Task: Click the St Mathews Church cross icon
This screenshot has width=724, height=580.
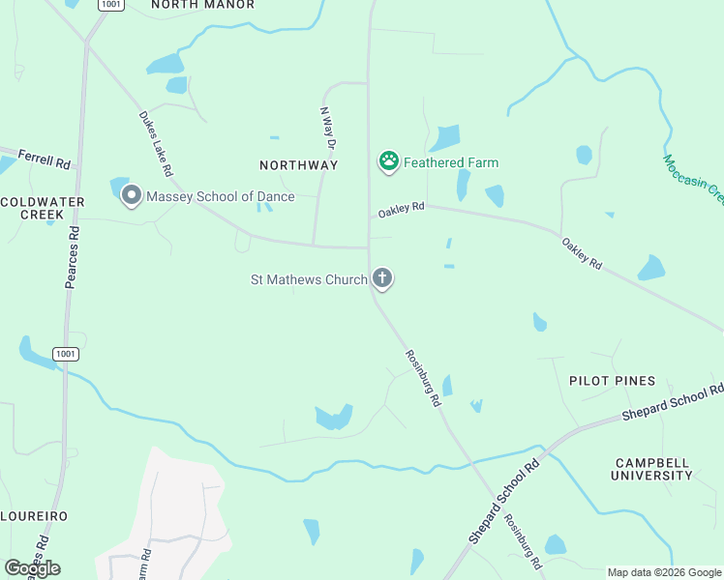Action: pos(383,279)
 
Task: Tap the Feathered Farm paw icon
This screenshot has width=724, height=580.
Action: pos(389,161)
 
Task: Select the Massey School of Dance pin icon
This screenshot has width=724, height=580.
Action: pos(132,196)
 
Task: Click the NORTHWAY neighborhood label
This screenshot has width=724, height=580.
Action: pos(299,165)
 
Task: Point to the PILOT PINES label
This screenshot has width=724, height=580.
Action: pos(612,381)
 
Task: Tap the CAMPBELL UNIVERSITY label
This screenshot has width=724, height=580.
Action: pos(652,468)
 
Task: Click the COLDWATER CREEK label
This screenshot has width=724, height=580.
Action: pos(43,208)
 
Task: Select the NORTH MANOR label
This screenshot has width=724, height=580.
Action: pos(203,5)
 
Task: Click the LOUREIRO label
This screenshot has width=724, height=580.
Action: pos(34,516)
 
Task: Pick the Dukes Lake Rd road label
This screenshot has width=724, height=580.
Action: pos(155,144)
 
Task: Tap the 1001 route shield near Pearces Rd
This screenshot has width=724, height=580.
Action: pos(66,354)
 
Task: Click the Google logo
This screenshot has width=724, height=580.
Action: pos(32,568)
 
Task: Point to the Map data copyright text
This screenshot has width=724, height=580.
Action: pos(664,572)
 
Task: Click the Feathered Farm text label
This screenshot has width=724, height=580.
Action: pos(451,162)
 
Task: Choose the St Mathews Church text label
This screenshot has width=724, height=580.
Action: pos(309,280)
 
